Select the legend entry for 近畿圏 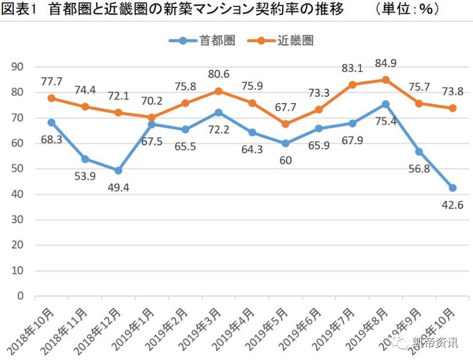[280, 40]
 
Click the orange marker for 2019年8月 [385, 80]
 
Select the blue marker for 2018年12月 [118, 170]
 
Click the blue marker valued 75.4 [385, 104]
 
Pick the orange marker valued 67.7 [285, 124]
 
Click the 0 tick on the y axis [21, 296]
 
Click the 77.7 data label [51, 81]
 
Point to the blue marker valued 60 [285, 143]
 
